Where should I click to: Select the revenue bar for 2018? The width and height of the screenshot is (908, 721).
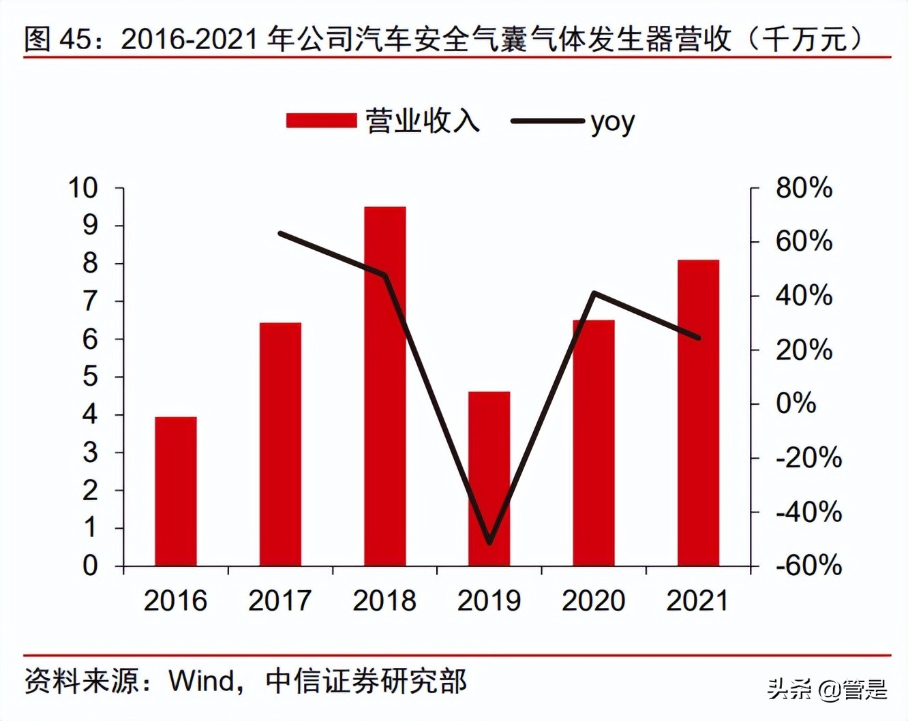click(x=384, y=386)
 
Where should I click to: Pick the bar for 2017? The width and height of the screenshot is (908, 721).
click(x=280, y=444)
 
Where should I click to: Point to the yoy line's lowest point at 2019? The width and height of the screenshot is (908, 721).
click(x=489, y=542)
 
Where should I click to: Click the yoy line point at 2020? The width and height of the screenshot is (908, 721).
click(x=594, y=293)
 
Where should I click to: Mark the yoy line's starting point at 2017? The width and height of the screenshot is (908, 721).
click(x=280, y=234)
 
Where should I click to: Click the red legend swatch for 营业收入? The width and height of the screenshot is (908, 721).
click(x=321, y=121)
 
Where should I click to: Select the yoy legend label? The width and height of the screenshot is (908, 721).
click(x=612, y=122)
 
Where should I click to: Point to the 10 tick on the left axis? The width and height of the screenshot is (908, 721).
click(x=83, y=187)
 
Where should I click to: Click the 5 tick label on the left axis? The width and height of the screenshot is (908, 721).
click(x=90, y=376)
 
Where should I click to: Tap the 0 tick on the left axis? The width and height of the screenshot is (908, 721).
click(x=90, y=566)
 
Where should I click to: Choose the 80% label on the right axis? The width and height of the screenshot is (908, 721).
click(x=804, y=187)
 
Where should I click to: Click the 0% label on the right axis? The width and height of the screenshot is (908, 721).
click(x=796, y=403)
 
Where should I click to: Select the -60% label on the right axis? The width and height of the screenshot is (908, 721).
click(x=808, y=565)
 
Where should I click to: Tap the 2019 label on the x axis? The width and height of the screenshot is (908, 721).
click(x=489, y=600)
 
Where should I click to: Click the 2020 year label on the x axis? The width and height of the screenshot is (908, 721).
click(x=593, y=600)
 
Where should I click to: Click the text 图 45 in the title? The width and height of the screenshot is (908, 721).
click(x=57, y=39)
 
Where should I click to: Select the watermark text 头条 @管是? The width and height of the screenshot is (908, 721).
click(x=827, y=689)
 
